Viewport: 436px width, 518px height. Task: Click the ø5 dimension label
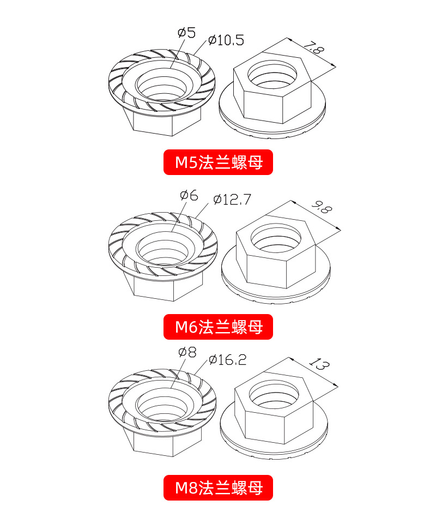point(186,33)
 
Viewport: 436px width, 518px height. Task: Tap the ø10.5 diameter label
point(226,41)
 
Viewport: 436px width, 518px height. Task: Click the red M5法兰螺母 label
point(218,162)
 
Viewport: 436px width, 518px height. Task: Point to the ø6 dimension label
point(189,195)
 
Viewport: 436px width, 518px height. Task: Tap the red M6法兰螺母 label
point(218,327)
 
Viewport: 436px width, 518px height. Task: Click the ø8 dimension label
point(187,352)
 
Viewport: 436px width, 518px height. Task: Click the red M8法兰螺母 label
point(218,487)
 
